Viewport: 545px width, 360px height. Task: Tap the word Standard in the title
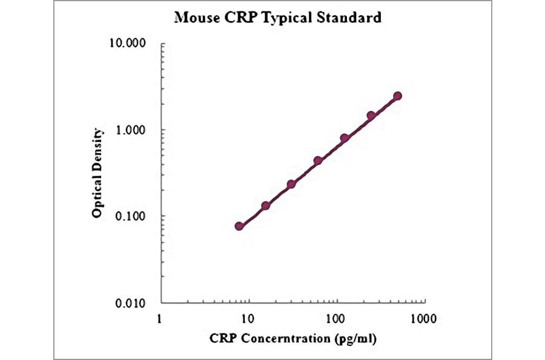351,18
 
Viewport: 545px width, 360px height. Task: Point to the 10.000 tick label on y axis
130,44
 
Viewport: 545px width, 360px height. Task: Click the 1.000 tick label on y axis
133,130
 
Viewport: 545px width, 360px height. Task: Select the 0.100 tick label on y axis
133,216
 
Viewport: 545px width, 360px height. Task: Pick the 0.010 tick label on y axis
133,303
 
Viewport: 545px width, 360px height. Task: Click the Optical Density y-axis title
97,173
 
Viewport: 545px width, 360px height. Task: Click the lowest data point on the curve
239,226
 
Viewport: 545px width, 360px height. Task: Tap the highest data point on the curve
397,96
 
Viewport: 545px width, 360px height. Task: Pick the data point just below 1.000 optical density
345,138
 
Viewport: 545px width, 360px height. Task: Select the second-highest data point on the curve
371,115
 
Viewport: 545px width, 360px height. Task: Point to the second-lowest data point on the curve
265,206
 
